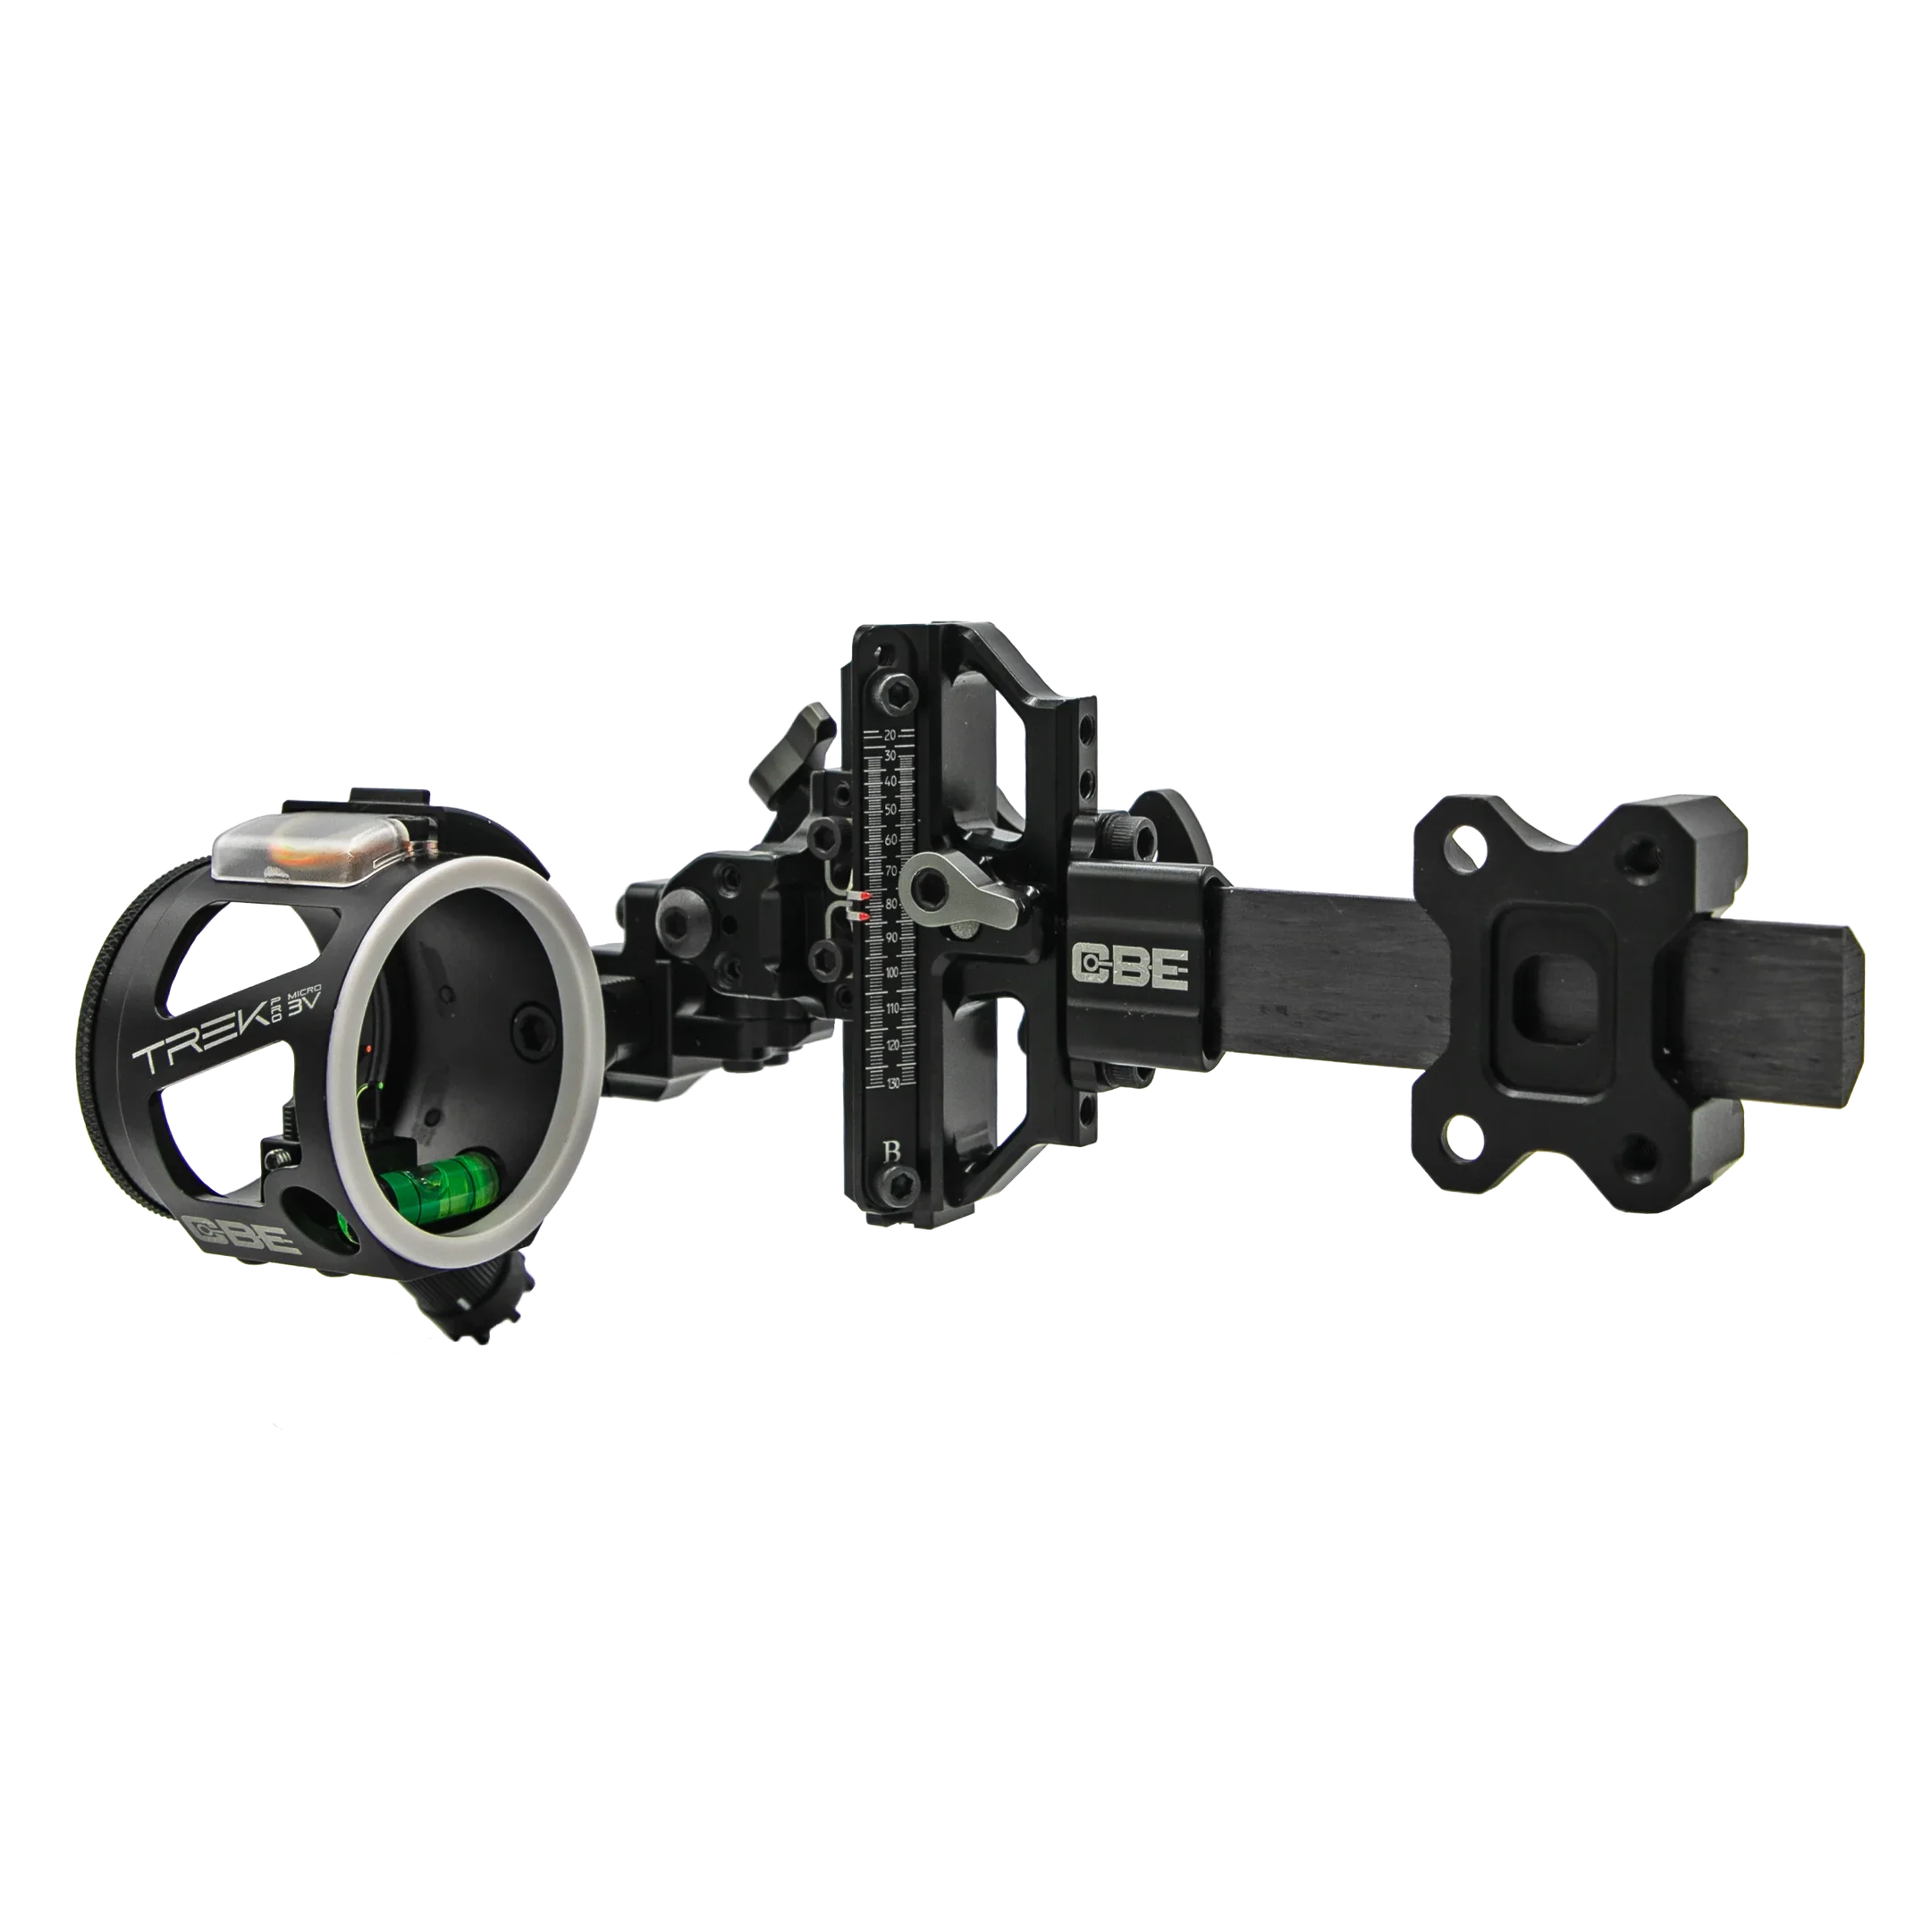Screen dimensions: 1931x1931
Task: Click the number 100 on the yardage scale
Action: pyautogui.click(x=891, y=974)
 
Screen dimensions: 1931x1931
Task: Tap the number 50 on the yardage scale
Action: pyautogui.click(x=890, y=807)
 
